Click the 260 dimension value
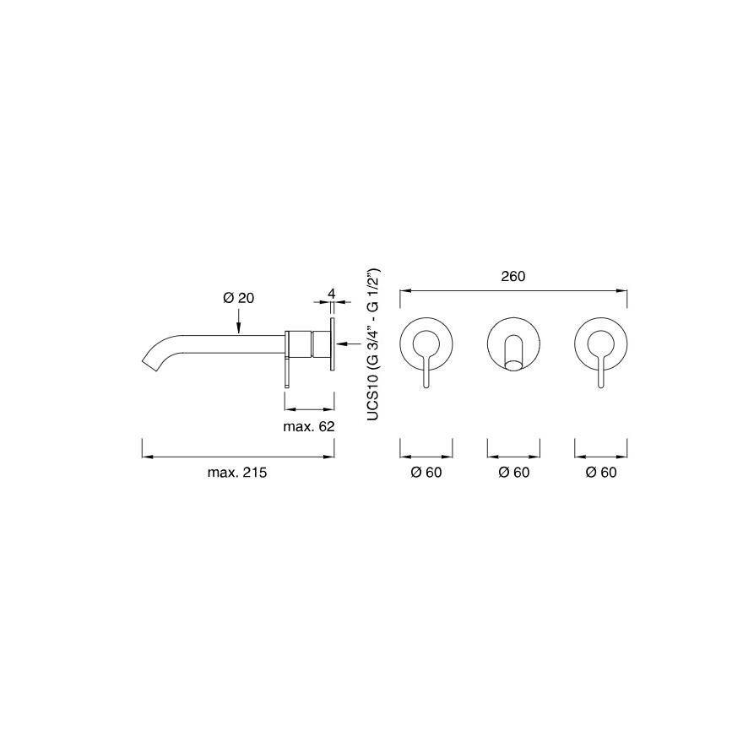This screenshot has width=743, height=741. (x=513, y=276)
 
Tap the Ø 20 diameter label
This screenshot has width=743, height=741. (x=238, y=298)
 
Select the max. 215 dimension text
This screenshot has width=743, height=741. (x=237, y=473)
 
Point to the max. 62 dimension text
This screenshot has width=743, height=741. (x=308, y=426)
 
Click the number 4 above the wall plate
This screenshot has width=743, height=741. (x=331, y=294)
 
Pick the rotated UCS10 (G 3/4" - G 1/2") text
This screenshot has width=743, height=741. (x=373, y=344)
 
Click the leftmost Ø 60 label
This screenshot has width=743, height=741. (x=426, y=473)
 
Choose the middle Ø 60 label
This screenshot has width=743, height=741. (x=513, y=473)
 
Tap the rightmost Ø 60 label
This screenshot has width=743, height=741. (x=601, y=473)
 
